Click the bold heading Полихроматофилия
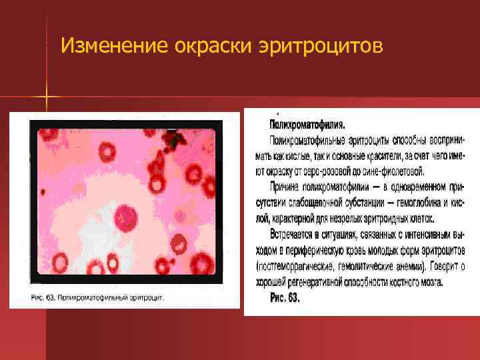click(307, 125)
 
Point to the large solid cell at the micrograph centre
click(125, 217)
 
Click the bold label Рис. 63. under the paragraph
click(285, 298)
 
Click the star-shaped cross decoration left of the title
click(47, 99)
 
